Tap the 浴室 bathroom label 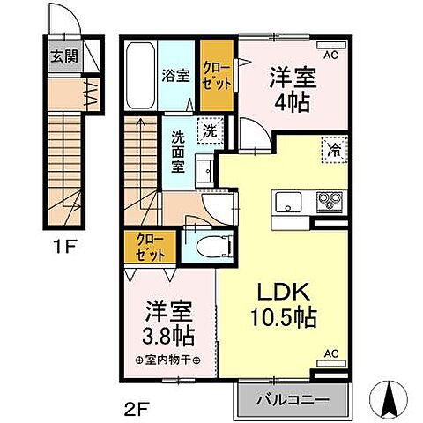pos(174,76)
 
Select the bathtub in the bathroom pos(139,78)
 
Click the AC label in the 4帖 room pos(330,55)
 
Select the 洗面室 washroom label pos(178,152)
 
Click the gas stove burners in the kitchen pos(330,203)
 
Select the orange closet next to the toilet pos(143,248)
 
